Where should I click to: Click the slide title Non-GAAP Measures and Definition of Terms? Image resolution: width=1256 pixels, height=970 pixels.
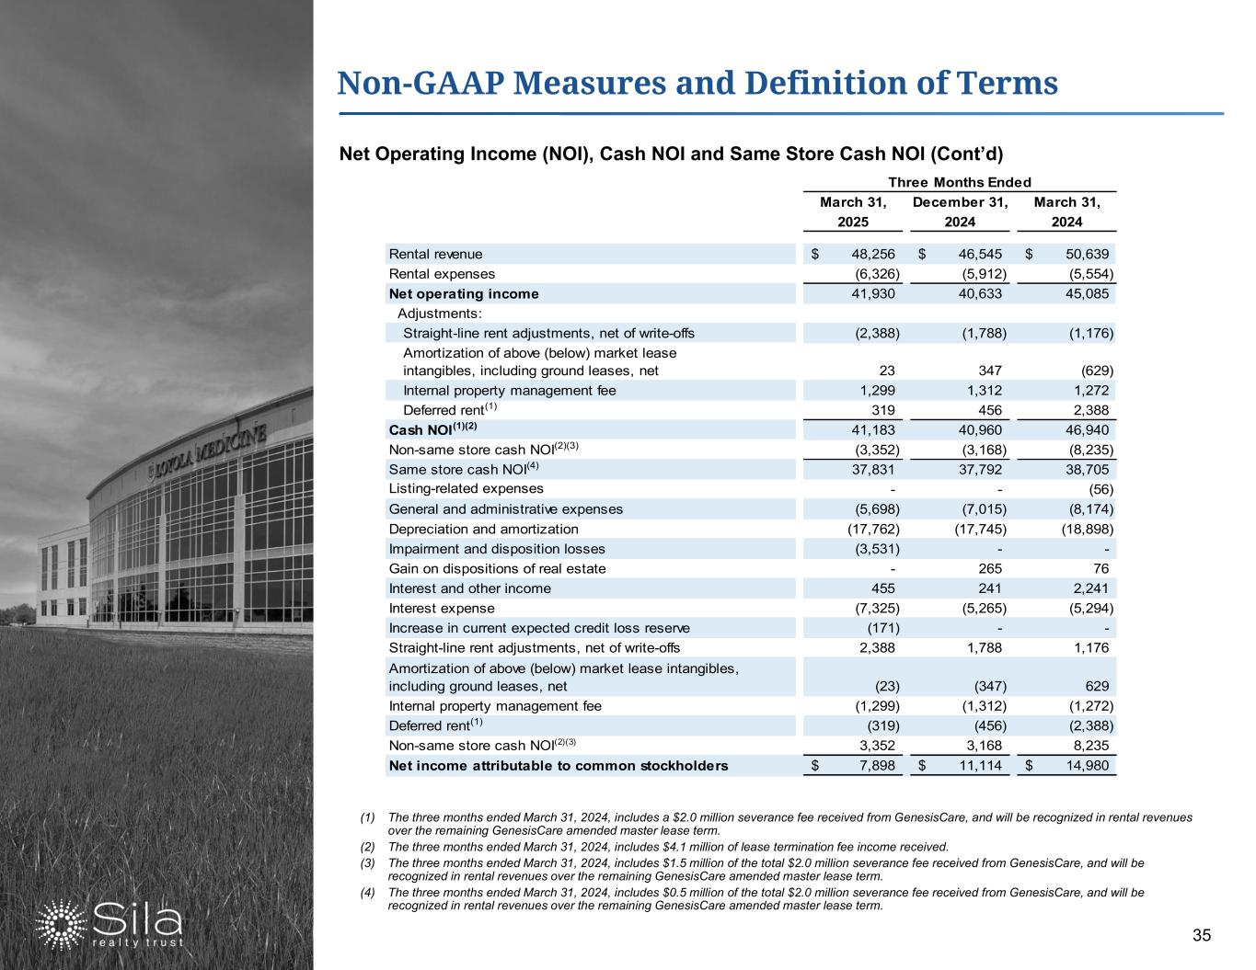(x=697, y=84)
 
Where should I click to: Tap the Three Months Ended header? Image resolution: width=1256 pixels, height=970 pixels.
(x=960, y=182)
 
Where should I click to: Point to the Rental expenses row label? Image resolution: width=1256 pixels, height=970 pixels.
(x=442, y=274)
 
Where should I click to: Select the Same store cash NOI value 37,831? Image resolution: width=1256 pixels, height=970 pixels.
(x=873, y=469)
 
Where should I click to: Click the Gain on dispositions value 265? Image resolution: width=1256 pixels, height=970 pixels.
(x=990, y=568)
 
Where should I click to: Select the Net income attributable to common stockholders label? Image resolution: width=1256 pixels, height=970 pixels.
(x=559, y=766)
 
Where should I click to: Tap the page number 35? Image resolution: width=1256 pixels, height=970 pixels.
(x=1201, y=936)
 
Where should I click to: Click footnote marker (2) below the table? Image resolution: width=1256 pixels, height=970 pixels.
(x=369, y=847)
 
